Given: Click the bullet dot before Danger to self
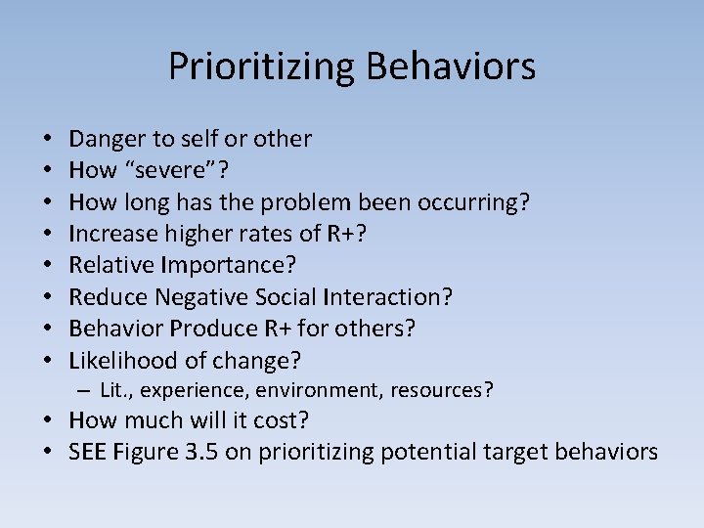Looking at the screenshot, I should tap(46, 139).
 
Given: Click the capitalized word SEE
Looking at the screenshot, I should tap(89, 452).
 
